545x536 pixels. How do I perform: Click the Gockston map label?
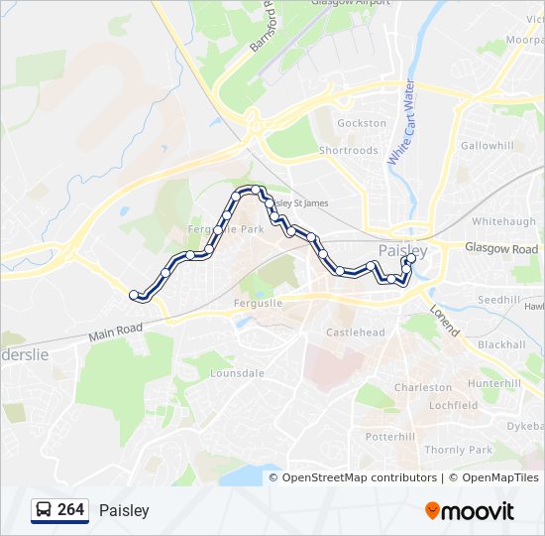[362, 123]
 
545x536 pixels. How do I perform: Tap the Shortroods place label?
[348, 151]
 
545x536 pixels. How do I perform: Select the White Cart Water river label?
[400, 123]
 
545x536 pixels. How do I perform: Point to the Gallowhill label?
[487, 146]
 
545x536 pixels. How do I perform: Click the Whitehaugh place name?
[504, 222]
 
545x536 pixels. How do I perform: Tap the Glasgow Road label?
[501, 249]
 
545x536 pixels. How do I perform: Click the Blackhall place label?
[501, 344]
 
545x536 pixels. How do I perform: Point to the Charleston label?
[423, 387]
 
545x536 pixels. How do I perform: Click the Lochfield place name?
[453, 405]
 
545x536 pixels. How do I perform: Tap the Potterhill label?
[390, 437]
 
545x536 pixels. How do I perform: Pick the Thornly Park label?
[458, 450]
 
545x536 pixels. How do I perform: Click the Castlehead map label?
[355, 332]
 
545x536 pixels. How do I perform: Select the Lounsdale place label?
[238, 373]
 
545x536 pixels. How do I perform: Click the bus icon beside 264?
[44, 510]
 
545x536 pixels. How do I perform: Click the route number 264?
[70, 510]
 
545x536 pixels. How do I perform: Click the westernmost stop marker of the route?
[134, 295]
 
